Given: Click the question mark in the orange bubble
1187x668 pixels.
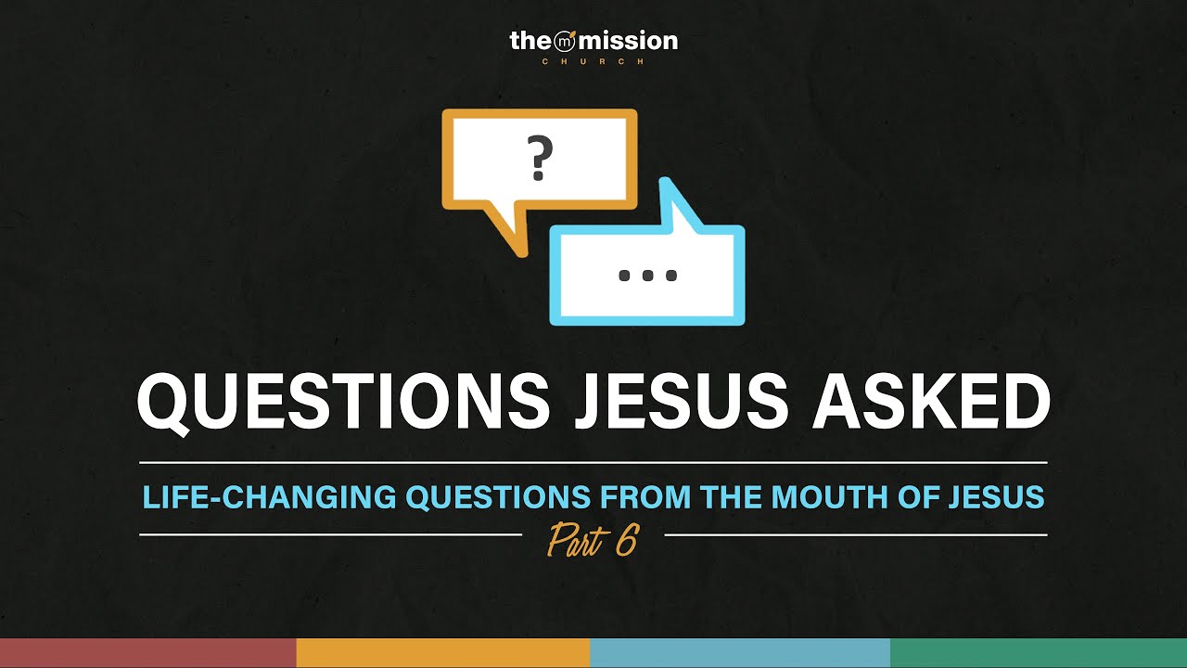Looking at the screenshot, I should pyautogui.click(x=539, y=159).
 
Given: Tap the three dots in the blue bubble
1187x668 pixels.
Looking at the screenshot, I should pyautogui.click(x=647, y=276).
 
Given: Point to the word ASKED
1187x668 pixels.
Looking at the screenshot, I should pyautogui.click(x=931, y=404).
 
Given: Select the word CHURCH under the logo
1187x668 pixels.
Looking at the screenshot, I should pyautogui.click(x=593, y=61).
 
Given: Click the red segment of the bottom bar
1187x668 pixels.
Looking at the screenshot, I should pyautogui.click(x=147, y=653).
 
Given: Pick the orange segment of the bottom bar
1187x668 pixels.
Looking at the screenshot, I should pyautogui.click(x=443, y=653).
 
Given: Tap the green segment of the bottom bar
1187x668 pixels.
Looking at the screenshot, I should pyautogui.click(x=1039, y=653).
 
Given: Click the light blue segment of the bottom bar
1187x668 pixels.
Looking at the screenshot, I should pyautogui.click(x=740, y=653).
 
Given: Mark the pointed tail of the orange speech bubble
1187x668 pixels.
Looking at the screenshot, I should pyautogui.click(x=516, y=238).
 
